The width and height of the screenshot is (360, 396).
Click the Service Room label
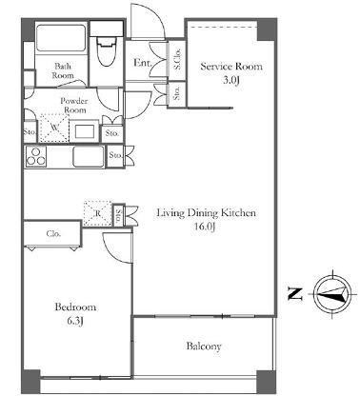point(231,67)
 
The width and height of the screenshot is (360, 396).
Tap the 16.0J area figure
point(206,227)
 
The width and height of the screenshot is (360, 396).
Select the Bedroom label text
point(75,307)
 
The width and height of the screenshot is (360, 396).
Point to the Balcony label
point(204,346)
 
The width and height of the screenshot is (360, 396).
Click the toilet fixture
point(106,50)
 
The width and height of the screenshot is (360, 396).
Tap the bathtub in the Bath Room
point(61,37)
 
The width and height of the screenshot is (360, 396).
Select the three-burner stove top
point(36,156)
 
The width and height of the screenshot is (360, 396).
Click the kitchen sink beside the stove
point(89,156)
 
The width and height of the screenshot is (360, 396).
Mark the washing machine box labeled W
point(54,128)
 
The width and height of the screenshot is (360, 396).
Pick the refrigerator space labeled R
point(97,213)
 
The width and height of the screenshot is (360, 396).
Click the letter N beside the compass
point(295,294)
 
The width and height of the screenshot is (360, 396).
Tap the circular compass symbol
point(332,294)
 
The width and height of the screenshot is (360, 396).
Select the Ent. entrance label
point(143,63)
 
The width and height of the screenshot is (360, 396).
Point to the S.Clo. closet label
point(177,59)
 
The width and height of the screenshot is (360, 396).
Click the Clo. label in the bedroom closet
point(53,234)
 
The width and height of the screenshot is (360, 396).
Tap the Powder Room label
point(74,106)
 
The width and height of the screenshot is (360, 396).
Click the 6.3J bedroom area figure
point(75,322)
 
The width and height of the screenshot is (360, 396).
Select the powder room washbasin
point(85,130)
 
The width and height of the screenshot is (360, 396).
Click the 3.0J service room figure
point(230,80)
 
